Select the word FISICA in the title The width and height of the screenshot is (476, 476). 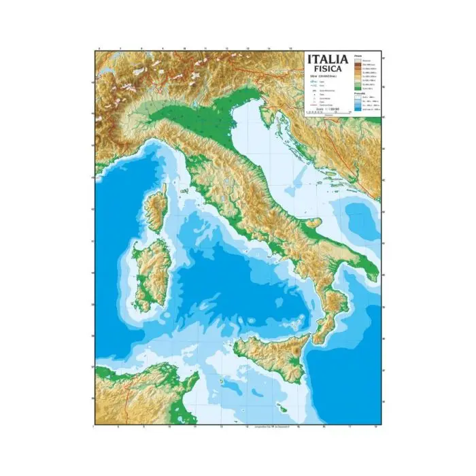pos(328,69)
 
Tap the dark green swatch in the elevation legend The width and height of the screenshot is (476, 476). pos(357,89)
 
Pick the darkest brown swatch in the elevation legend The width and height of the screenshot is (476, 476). pos(357,65)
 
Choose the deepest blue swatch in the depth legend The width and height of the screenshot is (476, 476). pos(357,109)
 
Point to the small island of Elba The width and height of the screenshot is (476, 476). pos(184,192)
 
